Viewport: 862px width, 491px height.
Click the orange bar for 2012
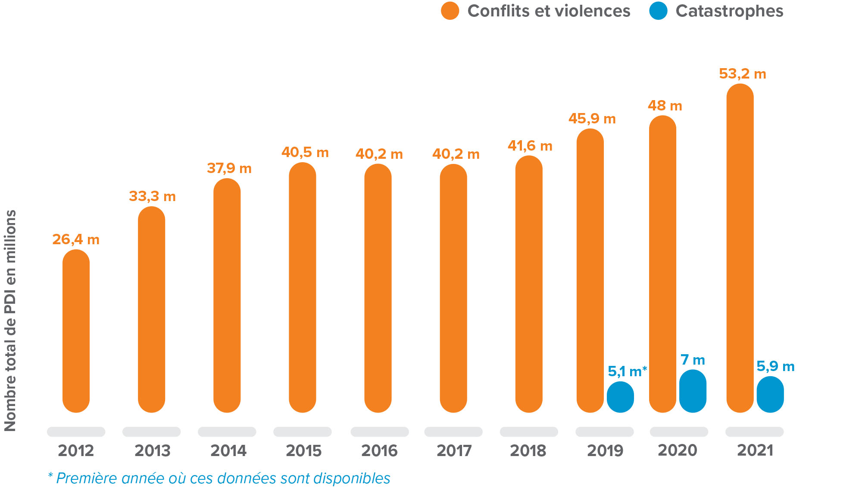[x=76, y=331]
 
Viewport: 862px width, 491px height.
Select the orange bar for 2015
[x=302, y=287]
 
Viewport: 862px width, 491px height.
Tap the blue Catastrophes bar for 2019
[x=620, y=397]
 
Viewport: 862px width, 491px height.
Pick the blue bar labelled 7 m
[x=693, y=391]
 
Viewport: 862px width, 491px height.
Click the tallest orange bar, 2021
[x=740, y=248]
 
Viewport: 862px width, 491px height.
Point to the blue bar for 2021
[x=770, y=394]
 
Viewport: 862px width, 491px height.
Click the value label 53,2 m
[x=742, y=74]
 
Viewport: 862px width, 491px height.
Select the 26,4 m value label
[x=76, y=239]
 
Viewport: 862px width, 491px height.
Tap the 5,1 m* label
[x=627, y=371]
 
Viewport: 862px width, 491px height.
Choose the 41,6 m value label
[x=530, y=146]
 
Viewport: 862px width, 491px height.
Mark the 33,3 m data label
[x=152, y=196]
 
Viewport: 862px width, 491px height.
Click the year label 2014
[x=228, y=451]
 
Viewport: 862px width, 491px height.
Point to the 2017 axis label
[x=454, y=451]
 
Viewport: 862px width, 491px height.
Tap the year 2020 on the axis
[x=677, y=450]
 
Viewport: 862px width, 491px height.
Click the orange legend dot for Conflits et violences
[x=450, y=11]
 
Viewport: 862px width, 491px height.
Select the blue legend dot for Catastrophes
[x=658, y=11]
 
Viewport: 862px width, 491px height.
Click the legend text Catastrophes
[x=729, y=11]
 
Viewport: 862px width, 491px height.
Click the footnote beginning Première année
[x=219, y=478]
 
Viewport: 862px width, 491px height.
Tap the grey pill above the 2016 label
[x=379, y=431]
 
